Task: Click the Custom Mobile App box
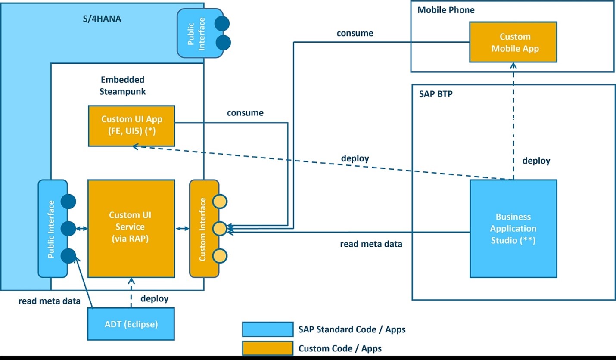coord(513,43)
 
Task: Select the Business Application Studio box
coord(513,228)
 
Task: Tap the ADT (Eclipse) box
coord(131,324)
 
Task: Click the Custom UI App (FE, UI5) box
coord(131,125)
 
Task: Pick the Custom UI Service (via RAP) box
coord(131,228)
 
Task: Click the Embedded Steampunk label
coord(122,85)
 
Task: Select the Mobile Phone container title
coord(446,10)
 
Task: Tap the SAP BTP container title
coord(436,93)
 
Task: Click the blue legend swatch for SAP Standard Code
coord(268,329)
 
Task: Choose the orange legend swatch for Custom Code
coord(268,348)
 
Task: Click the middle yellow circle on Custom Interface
coord(220,229)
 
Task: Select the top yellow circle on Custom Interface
coord(220,201)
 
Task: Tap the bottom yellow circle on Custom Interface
coord(220,256)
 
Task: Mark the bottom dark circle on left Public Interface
coord(68,256)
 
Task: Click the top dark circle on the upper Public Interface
coord(222,23)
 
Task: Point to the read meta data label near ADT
coord(49,301)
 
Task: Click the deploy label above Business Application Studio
coord(536,161)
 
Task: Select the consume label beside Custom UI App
coord(245,113)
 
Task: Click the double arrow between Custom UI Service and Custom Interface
coord(182,229)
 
